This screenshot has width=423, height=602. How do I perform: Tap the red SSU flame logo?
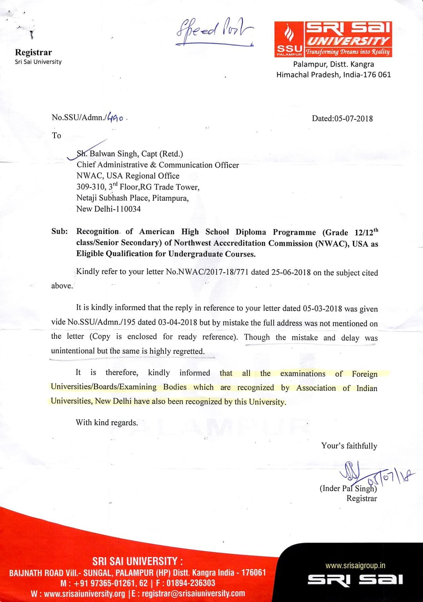click(x=290, y=34)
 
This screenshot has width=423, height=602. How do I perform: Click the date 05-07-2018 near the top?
click(x=354, y=119)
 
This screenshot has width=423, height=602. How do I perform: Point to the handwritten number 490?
click(x=116, y=117)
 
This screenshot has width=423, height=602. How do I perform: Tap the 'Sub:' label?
click(x=60, y=231)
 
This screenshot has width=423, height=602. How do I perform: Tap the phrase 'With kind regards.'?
click(x=107, y=422)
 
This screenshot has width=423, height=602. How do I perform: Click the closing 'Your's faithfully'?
click(x=349, y=446)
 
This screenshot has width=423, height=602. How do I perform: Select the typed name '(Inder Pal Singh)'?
click(x=348, y=489)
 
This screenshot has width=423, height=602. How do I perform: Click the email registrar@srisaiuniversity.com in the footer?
click(x=193, y=593)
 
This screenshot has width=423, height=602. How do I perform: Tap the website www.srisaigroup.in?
click(x=355, y=565)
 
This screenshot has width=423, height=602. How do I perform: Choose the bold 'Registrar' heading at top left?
click(x=33, y=52)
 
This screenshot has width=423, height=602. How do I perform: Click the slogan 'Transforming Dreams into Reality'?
click(x=348, y=52)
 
